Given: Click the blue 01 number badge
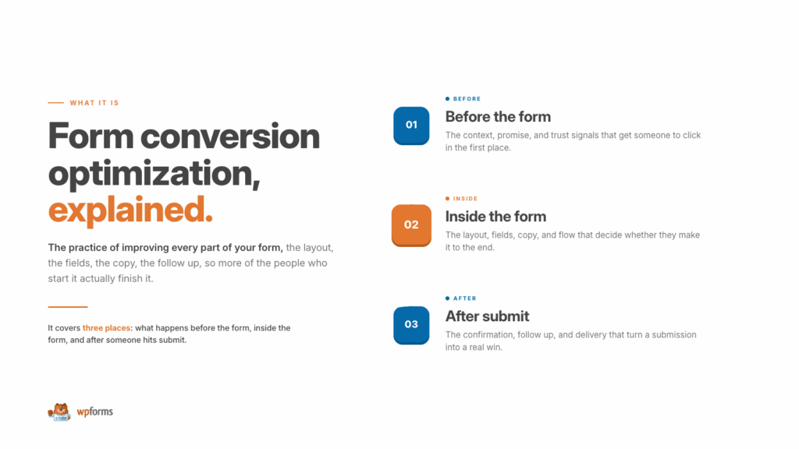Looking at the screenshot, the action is pos(411,126).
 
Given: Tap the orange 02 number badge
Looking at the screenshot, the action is pos(411,225).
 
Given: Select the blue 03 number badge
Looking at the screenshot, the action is pos(411,325).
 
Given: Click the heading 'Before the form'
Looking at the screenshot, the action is pos(498,117).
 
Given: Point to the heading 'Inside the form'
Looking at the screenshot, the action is pos(495,217).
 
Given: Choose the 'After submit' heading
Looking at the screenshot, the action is pos(487,316).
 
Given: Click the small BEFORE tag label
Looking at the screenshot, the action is pos(467,99).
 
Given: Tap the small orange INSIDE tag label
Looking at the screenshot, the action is pos(465,199).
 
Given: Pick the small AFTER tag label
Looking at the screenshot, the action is pos(465,299).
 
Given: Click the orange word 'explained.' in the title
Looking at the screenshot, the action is pos(130,210).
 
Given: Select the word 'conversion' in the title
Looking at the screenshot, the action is pos(230,136).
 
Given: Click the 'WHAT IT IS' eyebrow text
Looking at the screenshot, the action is pos(94,103).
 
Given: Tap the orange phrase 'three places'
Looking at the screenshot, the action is pos(106,328).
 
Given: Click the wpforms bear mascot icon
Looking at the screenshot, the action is pos(59,412).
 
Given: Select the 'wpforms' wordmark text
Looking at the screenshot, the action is pos(94,412).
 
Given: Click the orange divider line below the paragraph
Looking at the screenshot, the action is pos(68,307).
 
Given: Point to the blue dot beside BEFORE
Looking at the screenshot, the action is pos(447,99).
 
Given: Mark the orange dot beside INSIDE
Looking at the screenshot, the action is pos(447,199).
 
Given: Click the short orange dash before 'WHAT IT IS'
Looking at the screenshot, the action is pos(56,103).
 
